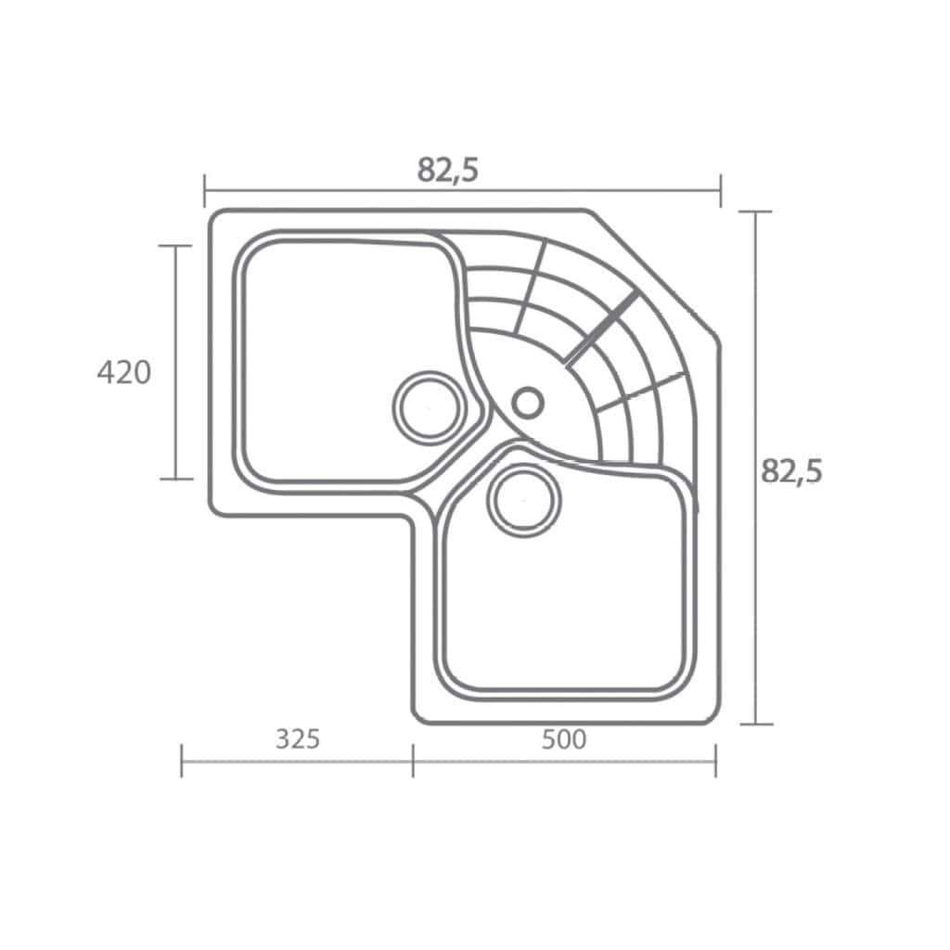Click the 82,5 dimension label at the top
(x=448, y=171)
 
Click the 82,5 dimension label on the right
(x=792, y=471)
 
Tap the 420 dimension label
(x=124, y=372)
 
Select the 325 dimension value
(x=298, y=739)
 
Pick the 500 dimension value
(x=564, y=739)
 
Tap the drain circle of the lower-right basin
(x=524, y=500)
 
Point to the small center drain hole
(x=528, y=403)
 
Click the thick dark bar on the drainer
(x=601, y=329)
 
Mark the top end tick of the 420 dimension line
(x=175, y=246)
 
